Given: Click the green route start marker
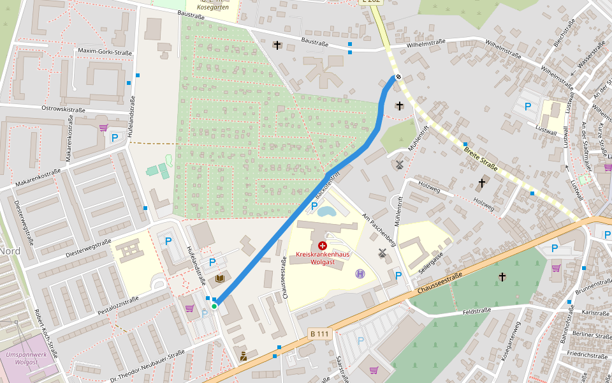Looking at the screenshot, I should (215, 306).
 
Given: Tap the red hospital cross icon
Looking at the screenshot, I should (322, 245).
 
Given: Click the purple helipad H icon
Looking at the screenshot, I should (360, 273).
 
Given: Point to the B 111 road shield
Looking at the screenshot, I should (320, 333).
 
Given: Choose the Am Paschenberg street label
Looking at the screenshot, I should (380, 229).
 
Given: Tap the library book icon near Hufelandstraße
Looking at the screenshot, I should (220, 279).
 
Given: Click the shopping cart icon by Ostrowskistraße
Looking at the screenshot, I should (103, 127).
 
